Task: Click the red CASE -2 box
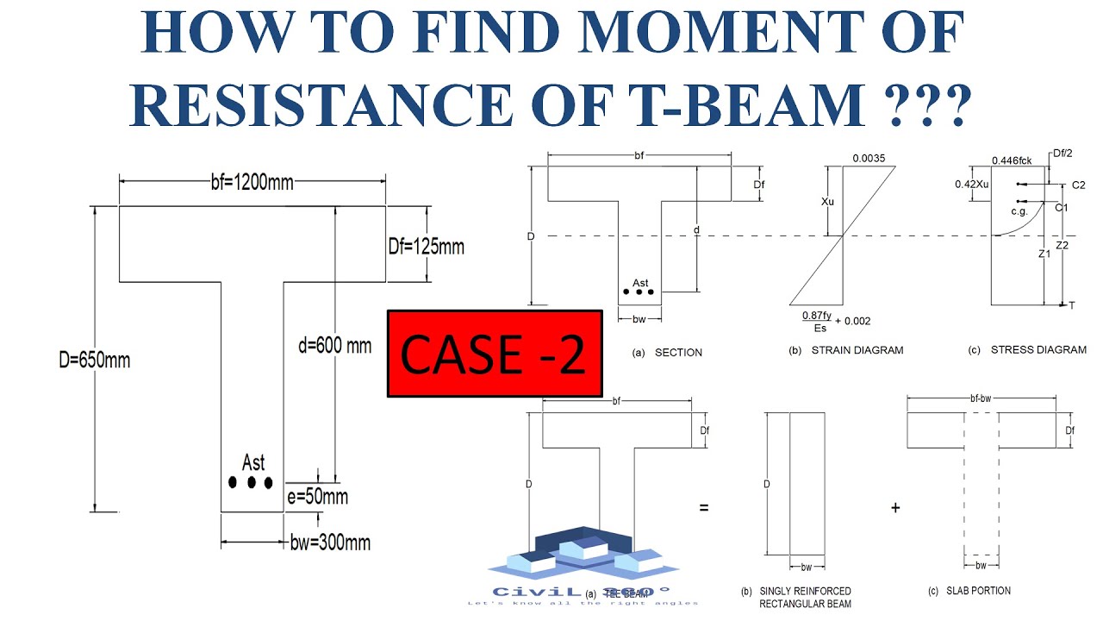(494, 354)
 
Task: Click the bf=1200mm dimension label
(252, 182)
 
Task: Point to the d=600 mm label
(333, 346)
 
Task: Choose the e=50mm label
(318, 497)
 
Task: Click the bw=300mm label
(330, 543)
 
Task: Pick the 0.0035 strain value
(869, 159)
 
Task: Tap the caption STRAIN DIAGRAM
(857, 351)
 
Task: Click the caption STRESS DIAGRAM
(1038, 350)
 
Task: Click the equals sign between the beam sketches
(704, 508)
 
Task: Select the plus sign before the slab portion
(895, 508)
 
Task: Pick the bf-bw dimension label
(981, 399)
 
